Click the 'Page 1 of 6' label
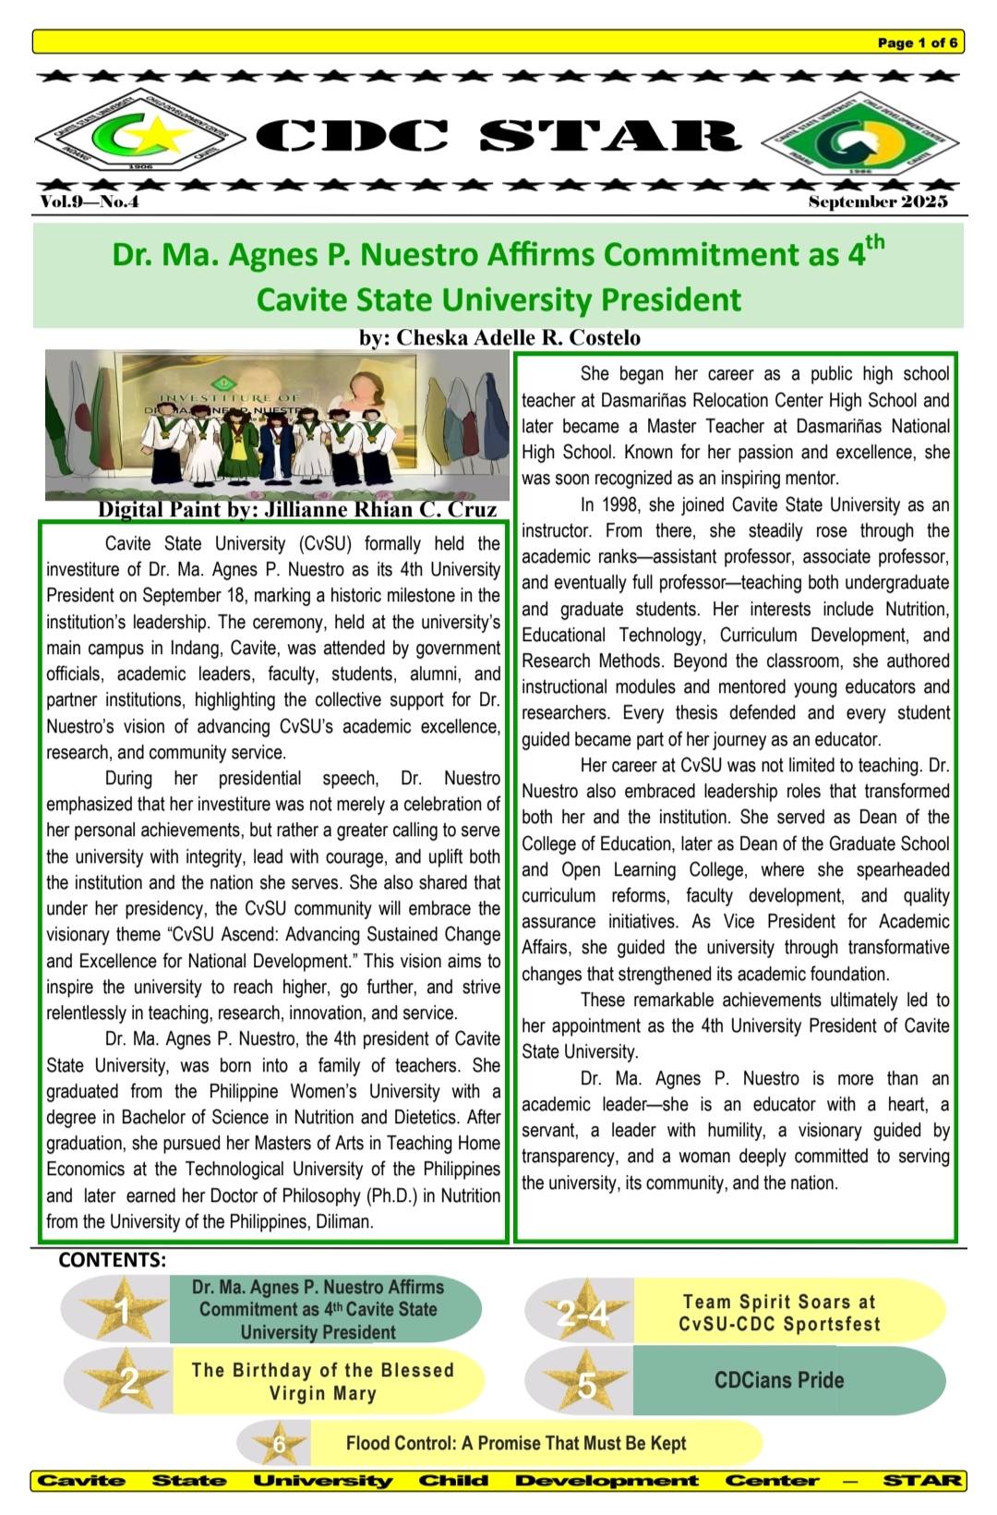tap(917, 42)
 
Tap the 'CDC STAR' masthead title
tap(498, 136)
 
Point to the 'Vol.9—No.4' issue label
tap(89, 201)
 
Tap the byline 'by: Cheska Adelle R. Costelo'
tap(498, 338)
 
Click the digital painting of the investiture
tap(277, 423)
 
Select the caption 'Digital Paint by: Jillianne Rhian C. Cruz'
tap(297, 509)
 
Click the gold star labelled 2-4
tap(584, 1312)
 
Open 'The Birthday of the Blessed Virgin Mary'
tap(323, 1381)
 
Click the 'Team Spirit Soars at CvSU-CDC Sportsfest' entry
tap(779, 1313)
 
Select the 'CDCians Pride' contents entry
tap(779, 1381)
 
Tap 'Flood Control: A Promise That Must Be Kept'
tap(516, 1443)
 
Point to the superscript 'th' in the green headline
tap(872, 244)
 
